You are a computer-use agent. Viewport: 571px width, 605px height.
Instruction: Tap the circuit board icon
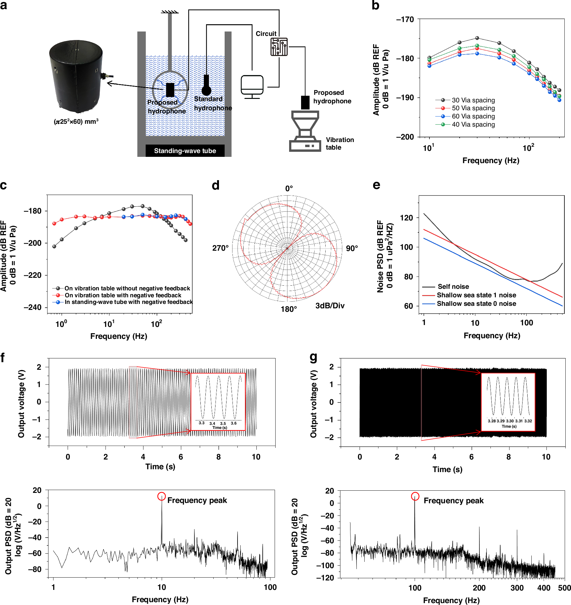click(x=279, y=47)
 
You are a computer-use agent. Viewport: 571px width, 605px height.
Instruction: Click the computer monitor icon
click(x=252, y=86)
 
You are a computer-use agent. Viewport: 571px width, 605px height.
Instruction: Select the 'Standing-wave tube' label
click(x=185, y=151)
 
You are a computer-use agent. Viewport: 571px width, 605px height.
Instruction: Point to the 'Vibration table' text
click(x=339, y=144)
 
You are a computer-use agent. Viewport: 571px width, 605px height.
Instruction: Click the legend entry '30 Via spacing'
click(x=473, y=100)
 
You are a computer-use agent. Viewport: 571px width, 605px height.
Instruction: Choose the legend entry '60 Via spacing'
click(x=473, y=116)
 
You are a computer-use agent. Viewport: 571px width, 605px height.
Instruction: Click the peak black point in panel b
click(x=477, y=38)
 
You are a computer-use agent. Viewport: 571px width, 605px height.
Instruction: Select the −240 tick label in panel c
click(x=32, y=307)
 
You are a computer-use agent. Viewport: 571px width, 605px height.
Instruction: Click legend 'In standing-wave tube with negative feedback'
click(x=128, y=302)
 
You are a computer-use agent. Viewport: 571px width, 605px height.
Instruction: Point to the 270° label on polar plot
click(x=220, y=248)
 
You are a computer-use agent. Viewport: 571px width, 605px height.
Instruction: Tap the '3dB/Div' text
click(x=330, y=306)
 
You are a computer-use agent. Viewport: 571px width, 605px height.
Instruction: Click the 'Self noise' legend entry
click(x=453, y=287)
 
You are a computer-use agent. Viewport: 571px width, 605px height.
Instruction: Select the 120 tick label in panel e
click(x=406, y=218)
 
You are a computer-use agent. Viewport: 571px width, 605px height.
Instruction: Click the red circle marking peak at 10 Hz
click(x=161, y=496)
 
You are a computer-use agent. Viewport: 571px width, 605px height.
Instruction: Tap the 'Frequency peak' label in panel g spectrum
click(x=453, y=501)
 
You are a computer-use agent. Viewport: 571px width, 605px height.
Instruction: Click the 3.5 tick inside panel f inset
click(x=223, y=424)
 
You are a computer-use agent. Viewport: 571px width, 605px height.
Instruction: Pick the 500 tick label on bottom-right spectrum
click(x=564, y=588)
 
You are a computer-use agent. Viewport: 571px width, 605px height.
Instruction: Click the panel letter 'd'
click(x=216, y=185)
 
